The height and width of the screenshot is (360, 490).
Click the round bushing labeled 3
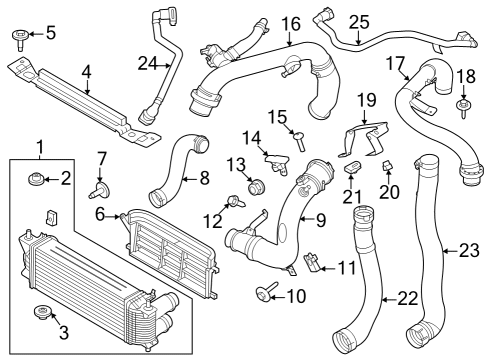pos(42,313)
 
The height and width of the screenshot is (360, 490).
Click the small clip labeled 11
pos(311,263)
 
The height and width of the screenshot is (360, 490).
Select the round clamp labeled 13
pos(255,184)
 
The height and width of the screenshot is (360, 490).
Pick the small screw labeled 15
pos(297,139)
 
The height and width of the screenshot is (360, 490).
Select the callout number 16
pos(290,23)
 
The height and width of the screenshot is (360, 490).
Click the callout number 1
pos(41,149)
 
